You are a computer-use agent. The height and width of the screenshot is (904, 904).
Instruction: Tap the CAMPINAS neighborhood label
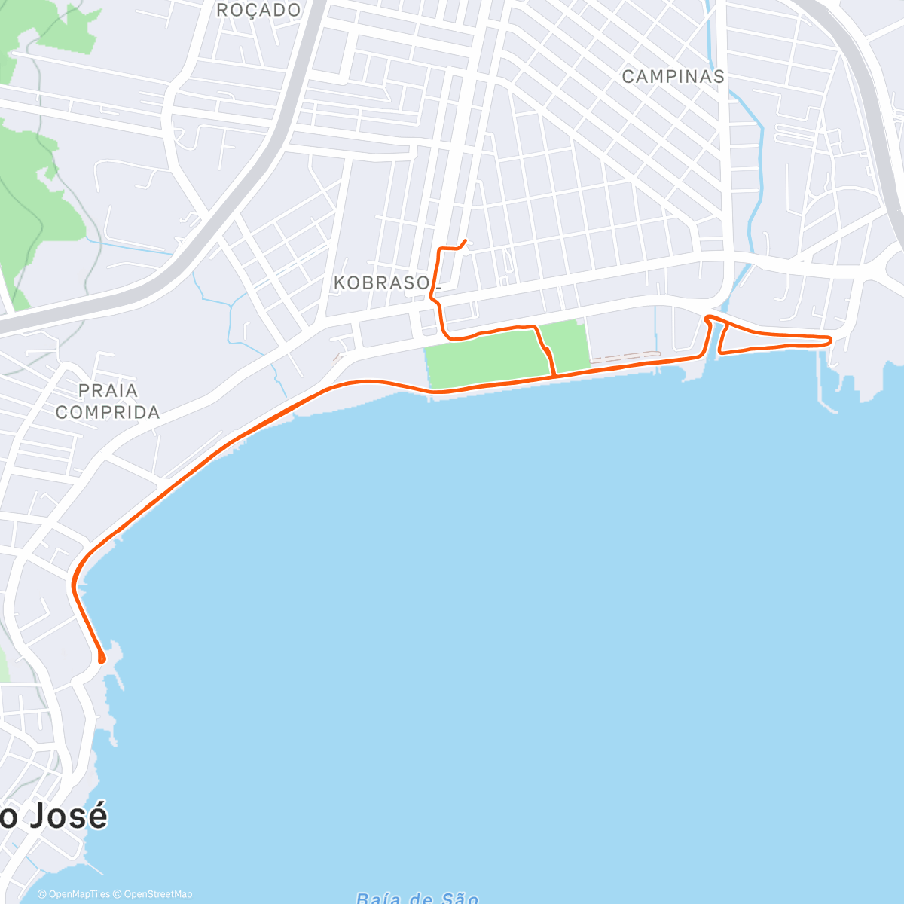pyautogui.click(x=673, y=77)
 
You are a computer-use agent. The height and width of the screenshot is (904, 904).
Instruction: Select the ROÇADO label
pyautogui.click(x=258, y=11)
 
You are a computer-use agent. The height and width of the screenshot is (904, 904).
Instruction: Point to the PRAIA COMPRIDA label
pyautogui.click(x=108, y=402)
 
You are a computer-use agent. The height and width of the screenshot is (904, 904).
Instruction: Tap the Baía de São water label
pyautogui.click(x=417, y=898)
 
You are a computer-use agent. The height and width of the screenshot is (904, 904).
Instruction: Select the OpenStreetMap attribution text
pyautogui.click(x=157, y=894)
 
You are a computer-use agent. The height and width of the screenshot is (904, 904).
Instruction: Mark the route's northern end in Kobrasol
pyautogui.click(x=465, y=240)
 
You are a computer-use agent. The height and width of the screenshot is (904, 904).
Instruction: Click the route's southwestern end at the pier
pyautogui.click(x=101, y=661)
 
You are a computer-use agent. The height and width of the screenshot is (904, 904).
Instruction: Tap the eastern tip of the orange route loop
pyautogui.click(x=830, y=340)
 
